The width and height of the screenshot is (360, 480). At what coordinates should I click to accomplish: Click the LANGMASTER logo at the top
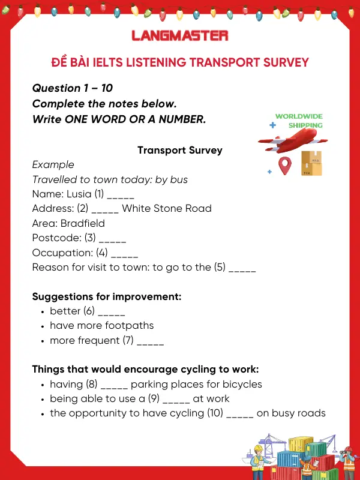(x=180, y=35)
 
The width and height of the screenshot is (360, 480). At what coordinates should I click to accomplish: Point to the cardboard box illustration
(x=311, y=163)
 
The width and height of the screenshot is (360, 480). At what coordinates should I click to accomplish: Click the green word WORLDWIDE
(x=299, y=116)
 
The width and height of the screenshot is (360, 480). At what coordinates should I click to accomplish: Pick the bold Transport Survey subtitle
(x=180, y=150)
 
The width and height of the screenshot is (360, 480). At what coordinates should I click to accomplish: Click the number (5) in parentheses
(x=220, y=267)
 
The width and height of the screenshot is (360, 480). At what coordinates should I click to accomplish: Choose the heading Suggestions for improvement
(x=107, y=296)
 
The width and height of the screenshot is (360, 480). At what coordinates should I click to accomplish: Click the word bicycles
(x=241, y=384)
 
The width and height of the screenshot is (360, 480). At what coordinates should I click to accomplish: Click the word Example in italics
(x=53, y=164)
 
